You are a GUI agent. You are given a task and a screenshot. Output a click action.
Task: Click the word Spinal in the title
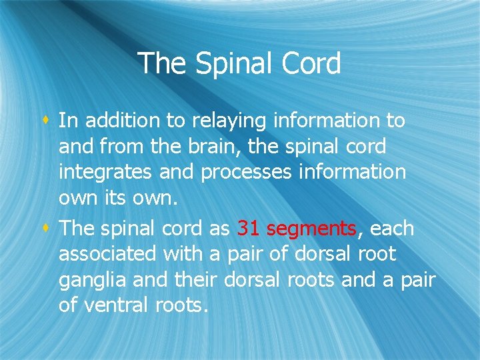(x=225, y=64)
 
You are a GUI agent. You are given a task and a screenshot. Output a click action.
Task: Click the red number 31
(x=249, y=229)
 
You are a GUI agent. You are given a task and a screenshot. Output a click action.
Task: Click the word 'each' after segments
(x=391, y=229)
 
